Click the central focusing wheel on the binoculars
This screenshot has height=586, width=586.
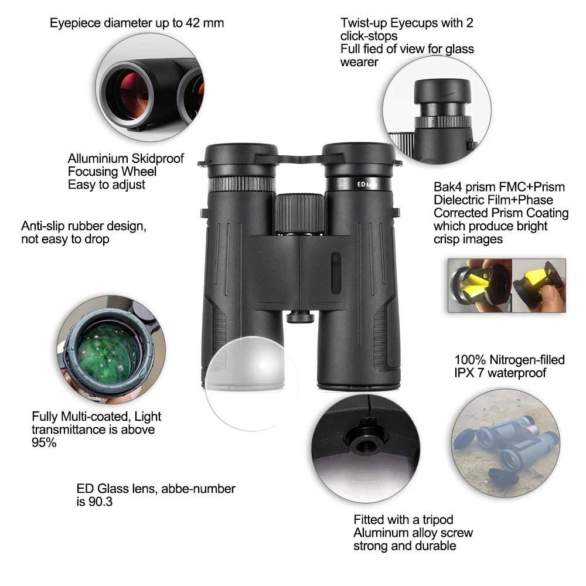(299, 214)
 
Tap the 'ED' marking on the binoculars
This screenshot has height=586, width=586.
(361, 184)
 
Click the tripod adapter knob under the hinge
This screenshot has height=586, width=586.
(300, 316)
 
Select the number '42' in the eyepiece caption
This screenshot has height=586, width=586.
(192, 23)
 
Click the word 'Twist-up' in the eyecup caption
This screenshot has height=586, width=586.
(363, 23)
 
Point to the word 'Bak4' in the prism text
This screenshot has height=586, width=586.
(445, 187)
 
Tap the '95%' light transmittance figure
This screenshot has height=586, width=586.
(44, 443)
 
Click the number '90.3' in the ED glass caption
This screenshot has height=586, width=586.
(100, 502)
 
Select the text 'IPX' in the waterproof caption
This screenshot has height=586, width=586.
(464, 373)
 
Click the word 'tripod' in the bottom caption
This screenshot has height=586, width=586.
(438, 520)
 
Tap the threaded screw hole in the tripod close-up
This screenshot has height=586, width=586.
(364, 444)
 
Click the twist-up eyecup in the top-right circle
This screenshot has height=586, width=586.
(442, 91)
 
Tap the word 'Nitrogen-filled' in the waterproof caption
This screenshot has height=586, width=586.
(527, 360)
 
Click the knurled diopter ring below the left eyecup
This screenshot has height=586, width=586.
(242, 184)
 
